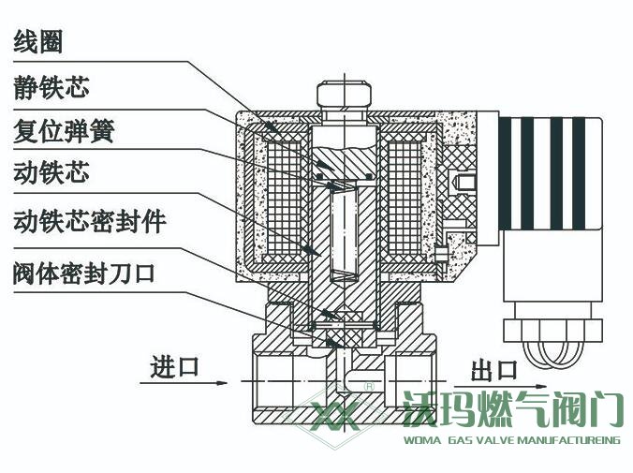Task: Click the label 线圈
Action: pos(44,42)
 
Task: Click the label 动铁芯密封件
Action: pos(90,221)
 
